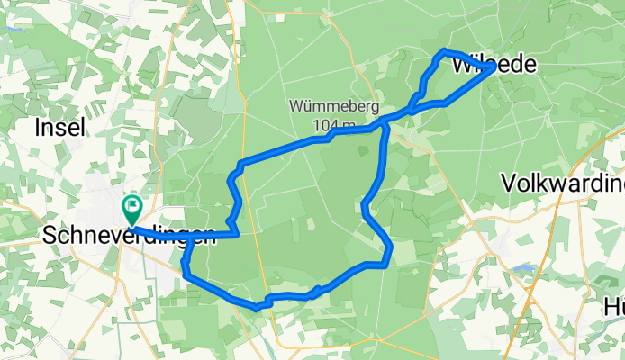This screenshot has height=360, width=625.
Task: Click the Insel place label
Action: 59,129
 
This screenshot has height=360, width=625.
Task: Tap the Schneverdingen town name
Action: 129,236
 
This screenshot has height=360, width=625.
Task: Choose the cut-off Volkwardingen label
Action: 563,184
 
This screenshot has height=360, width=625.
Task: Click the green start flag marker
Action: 131,209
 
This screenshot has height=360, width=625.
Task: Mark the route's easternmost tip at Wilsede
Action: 493,67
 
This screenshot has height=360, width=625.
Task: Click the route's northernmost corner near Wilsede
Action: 445,50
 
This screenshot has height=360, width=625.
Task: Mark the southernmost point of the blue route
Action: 258,308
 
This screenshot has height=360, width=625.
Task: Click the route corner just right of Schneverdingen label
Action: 236,234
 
